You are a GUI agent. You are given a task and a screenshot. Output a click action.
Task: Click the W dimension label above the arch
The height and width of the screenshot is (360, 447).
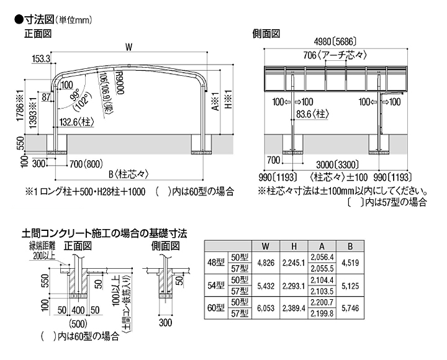click(x=129, y=45)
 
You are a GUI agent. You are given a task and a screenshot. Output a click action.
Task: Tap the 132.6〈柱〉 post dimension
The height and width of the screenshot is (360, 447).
click(x=82, y=122)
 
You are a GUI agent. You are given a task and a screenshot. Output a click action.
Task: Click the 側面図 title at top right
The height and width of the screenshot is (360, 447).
click(x=268, y=32)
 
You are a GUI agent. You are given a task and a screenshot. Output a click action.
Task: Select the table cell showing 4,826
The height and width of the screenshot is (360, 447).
click(x=265, y=262)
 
